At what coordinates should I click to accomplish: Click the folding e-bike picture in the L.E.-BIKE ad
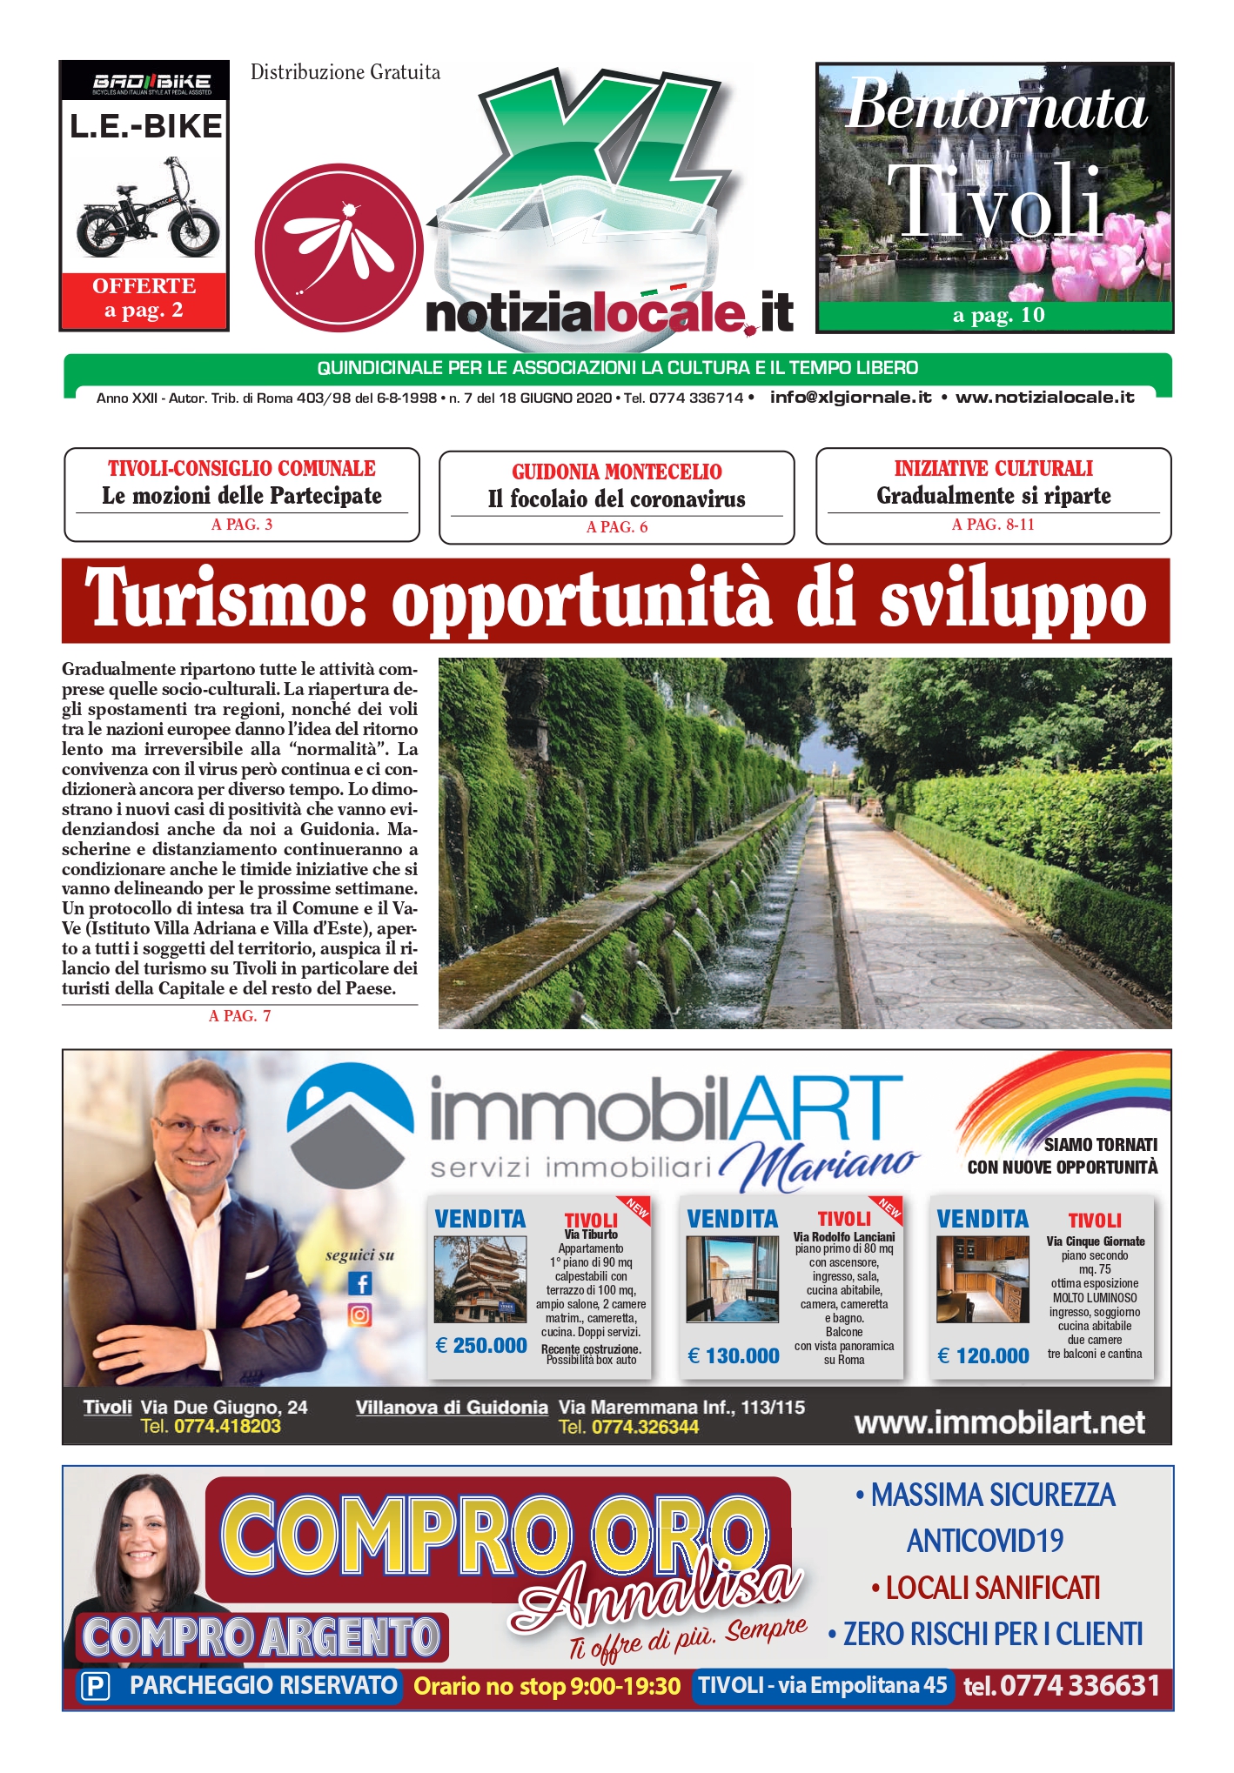coord(146,209)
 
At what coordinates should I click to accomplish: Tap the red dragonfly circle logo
coord(339,247)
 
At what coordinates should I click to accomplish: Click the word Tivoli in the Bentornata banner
coord(996,202)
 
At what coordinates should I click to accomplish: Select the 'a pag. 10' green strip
coord(996,315)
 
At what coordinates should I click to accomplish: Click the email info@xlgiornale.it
coord(850,398)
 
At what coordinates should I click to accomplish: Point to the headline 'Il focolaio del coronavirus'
coord(616,499)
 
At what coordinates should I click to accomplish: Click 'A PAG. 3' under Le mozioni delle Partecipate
coord(242,525)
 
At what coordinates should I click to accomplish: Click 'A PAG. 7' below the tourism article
coord(239,1016)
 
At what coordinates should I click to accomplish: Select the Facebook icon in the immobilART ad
coord(359,1283)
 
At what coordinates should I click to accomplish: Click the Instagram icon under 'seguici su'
coord(359,1315)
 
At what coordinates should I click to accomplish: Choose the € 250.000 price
coord(481,1346)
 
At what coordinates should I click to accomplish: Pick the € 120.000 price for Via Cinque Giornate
coord(983,1355)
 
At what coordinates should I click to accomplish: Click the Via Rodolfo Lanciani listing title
coord(844,1236)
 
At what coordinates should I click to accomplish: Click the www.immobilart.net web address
coord(999,1422)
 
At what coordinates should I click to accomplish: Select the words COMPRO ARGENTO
coord(261,1637)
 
